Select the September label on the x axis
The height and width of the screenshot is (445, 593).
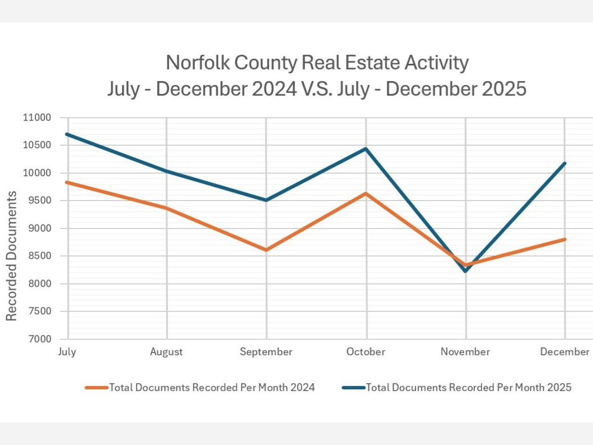[266, 352]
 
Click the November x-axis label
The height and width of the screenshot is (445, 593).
[466, 352]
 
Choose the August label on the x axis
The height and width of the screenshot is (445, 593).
[167, 352]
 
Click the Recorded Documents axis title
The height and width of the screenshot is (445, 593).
[11, 256]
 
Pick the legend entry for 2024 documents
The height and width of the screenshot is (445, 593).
[200, 388]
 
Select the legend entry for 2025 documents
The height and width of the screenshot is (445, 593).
[457, 388]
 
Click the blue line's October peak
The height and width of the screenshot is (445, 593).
[366, 148]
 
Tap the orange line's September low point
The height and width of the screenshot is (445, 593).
[266, 250]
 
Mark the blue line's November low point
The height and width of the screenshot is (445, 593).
[466, 270]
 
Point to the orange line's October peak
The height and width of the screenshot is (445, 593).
[366, 193]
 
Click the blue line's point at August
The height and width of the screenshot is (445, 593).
[167, 171]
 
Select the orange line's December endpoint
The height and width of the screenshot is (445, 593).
[565, 239]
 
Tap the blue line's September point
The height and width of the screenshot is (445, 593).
[266, 200]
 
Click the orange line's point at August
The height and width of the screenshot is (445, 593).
[167, 208]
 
